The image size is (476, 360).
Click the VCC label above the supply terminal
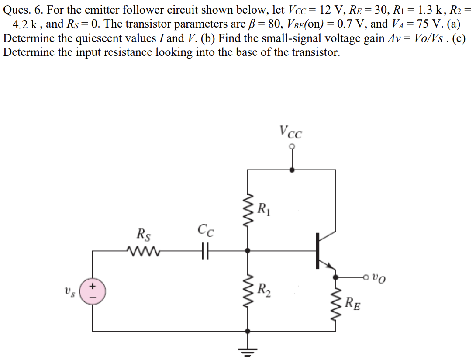click(x=291, y=131)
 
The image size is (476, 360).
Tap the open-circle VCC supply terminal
click(x=292, y=146)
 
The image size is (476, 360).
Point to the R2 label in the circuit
click(x=264, y=289)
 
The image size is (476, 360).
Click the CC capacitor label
click(x=206, y=230)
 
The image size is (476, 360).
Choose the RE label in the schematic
click(x=353, y=303)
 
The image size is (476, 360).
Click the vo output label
click(x=379, y=277)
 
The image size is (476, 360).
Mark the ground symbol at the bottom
click(x=248, y=349)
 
